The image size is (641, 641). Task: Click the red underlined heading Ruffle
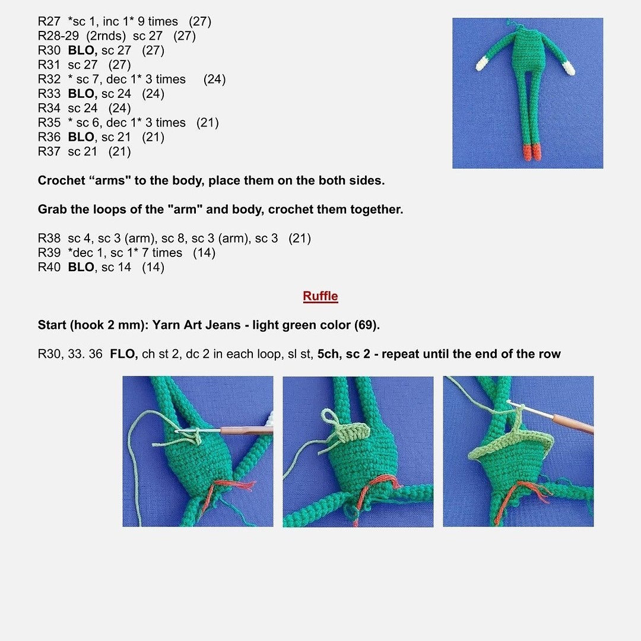[x=320, y=296]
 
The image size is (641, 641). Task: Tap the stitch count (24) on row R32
[x=214, y=80]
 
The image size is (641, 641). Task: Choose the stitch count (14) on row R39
[x=204, y=253]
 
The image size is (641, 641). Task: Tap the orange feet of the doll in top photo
[x=532, y=152]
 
